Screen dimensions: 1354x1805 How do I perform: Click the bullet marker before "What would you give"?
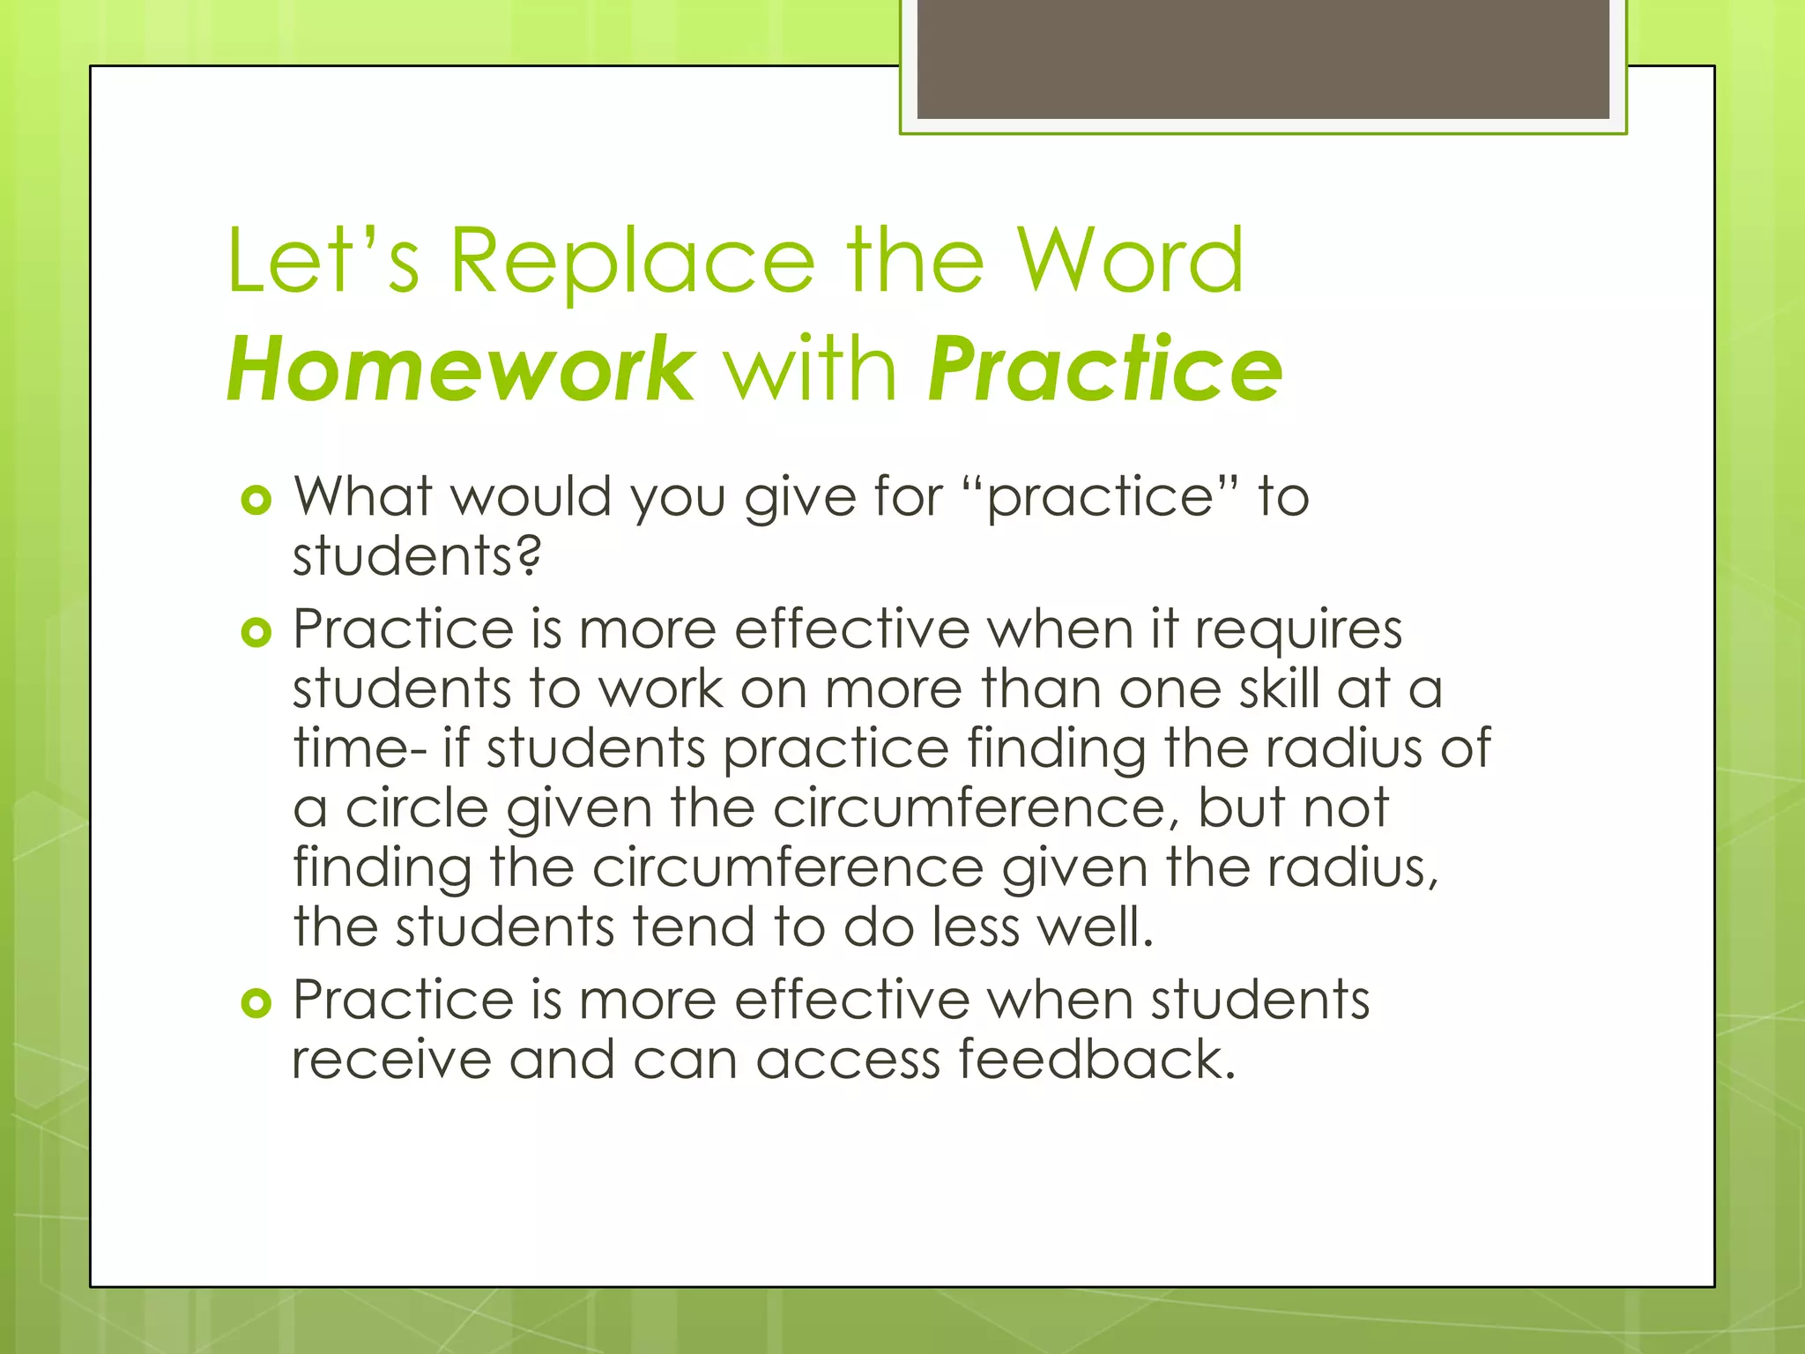pyautogui.click(x=256, y=501)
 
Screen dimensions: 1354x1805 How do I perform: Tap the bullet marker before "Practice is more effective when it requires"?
pyautogui.click(x=256, y=633)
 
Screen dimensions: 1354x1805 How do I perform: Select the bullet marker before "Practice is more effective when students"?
pyautogui.click(x=256, y=1003)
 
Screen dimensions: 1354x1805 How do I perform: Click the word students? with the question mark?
pyautogui.click(x=416, y=557)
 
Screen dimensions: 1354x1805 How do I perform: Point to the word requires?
pyautogui.click(x=1298, y=631)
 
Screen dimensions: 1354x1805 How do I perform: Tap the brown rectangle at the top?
pyautogui.click(x=1263, y=58)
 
